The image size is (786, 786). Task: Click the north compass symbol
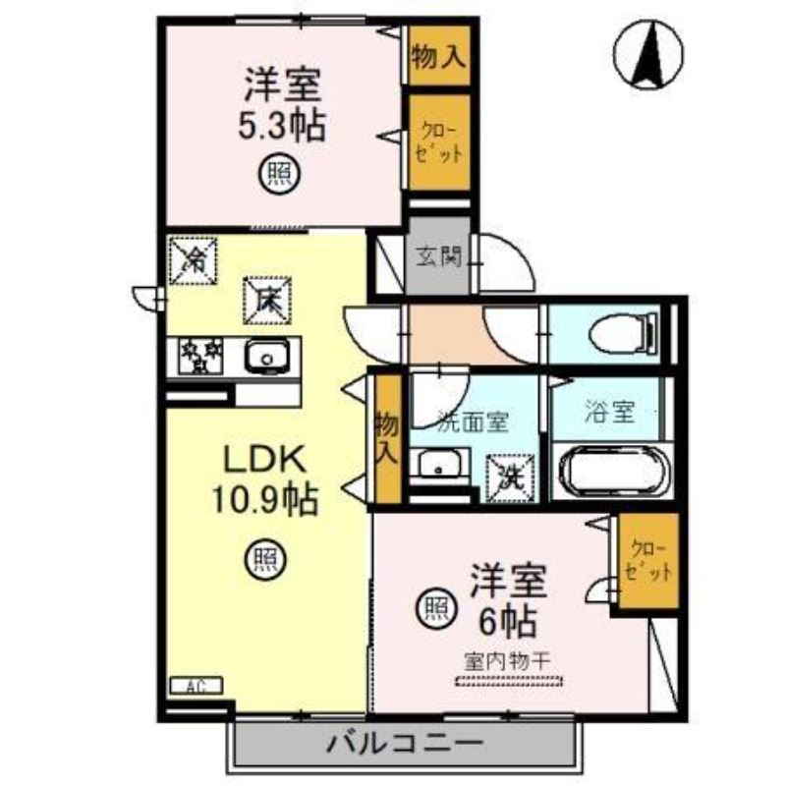pos(649,55)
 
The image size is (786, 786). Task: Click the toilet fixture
pos(622,333)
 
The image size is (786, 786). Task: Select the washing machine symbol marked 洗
pos(511,477)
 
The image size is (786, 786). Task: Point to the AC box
pos(196,686)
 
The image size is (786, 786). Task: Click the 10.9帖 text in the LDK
pos(260,501)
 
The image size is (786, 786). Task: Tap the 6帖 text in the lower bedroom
pos(507,620)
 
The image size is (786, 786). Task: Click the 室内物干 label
pos(507,661)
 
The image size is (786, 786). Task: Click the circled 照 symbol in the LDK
pos(262,560)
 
